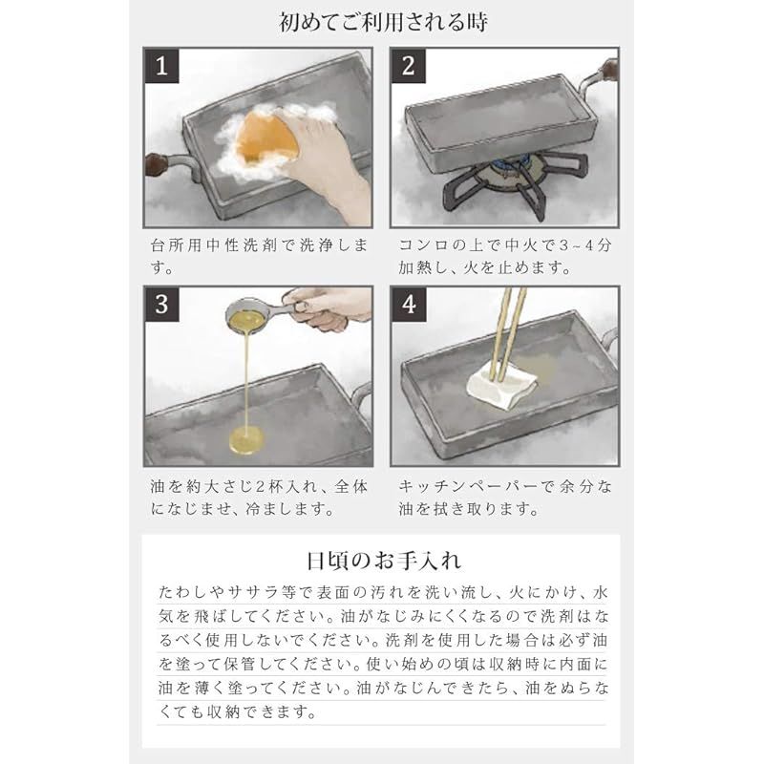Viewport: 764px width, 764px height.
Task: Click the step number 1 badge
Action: click(x=161, y=66)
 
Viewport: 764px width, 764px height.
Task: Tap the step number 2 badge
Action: click(x=409, y=66)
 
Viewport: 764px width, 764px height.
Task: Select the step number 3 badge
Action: click(x=161, y=305)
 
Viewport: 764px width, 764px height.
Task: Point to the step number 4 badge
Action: click(x=409, y=305)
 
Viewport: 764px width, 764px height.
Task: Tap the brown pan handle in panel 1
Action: click(x=157, y=165)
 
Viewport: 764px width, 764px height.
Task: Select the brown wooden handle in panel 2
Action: click(x=610, y=71)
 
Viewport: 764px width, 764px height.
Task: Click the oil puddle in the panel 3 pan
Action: click(x=247, y=440)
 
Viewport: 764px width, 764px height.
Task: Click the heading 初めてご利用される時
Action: click(x=383, y=23)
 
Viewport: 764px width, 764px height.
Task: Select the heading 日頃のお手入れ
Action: click(x=383, y=561)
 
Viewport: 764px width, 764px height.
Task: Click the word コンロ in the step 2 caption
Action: click(x=424, y=245)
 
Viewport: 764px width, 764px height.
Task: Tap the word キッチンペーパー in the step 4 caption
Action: click(x=468, y=486)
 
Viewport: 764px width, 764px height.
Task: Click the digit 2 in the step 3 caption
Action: click(x=261, y=486)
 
